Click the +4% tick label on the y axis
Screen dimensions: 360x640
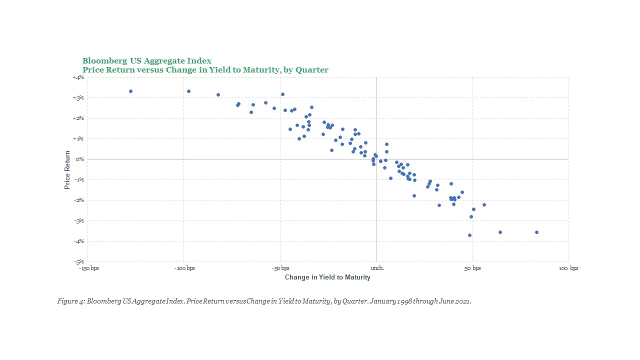(x=79, y=77)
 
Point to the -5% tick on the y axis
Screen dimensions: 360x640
(x=79, y=261)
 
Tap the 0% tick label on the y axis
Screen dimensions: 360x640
(x=80, y=159)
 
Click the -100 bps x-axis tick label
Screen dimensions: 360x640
(x=184, y=268)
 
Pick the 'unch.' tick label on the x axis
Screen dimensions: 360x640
(x=376, y=268)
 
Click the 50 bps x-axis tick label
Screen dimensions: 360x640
(x=472, y=268)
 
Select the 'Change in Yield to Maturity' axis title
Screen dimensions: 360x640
(x=327, y=277)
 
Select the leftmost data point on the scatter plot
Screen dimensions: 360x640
(x=130, y=91)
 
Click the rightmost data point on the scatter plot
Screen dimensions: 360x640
(x=536, y=232)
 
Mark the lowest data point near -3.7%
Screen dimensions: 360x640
(x=469, y=235)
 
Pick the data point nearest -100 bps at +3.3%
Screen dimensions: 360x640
(x=188, y=91)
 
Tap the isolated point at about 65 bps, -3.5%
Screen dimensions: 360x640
(x=500, y=232)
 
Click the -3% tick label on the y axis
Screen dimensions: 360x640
(x=79, y=220)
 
